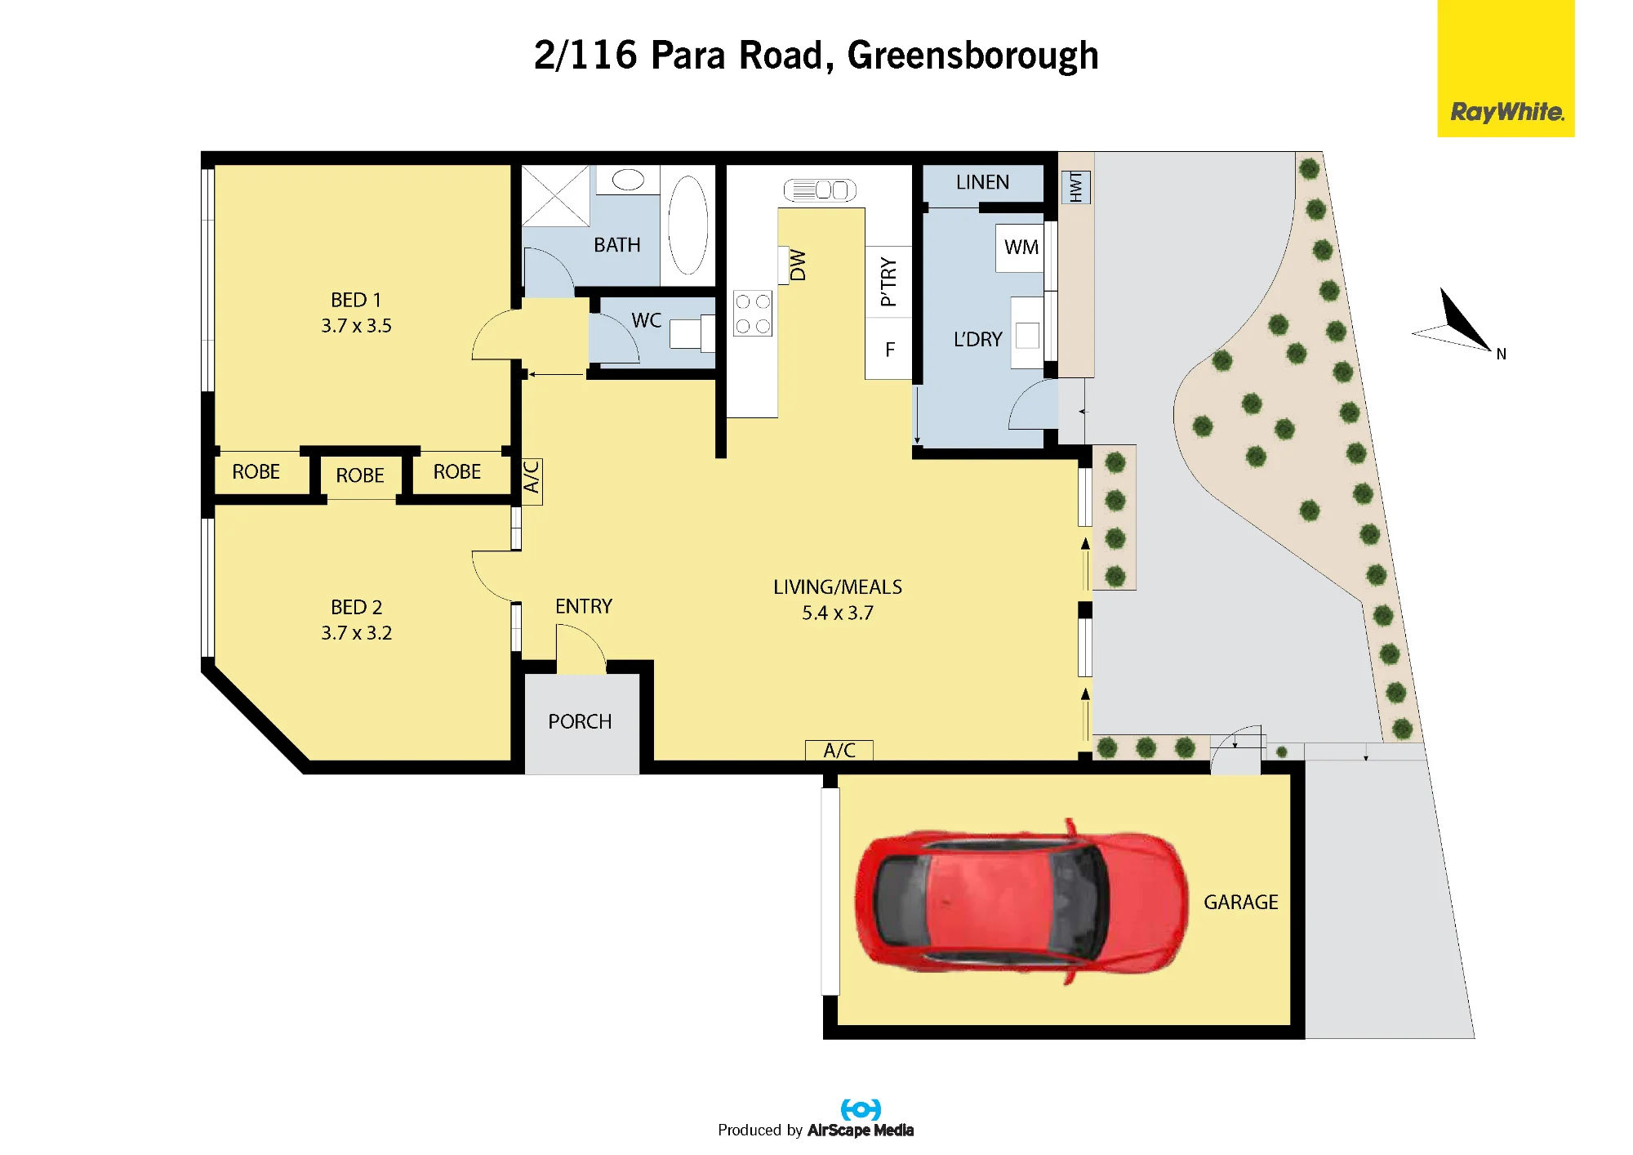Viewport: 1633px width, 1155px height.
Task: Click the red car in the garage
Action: point(1021,902)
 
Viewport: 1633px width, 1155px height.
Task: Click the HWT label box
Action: point(1075,187)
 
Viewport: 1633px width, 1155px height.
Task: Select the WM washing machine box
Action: point(1021,247)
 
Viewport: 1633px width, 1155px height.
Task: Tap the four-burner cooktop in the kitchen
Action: point(753,314)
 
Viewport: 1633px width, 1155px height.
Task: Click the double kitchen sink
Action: point(820,190)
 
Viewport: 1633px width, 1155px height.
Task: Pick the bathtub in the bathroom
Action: point(687,225)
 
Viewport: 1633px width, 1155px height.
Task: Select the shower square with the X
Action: point(556,196)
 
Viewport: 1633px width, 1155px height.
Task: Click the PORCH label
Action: point(580,722)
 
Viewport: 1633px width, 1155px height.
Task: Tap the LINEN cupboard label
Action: point(982,182)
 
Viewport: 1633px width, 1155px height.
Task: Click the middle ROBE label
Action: point(360,475)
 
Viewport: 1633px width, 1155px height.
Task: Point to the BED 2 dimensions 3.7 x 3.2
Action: point(357,633)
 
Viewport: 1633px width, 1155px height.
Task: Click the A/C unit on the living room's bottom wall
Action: point(839,750)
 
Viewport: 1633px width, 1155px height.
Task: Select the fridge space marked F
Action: point(889,349)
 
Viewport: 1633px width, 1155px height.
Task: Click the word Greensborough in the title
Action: point(972,56)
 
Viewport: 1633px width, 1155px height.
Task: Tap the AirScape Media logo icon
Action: point(861,1109)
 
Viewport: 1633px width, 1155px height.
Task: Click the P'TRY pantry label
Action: point(888,282)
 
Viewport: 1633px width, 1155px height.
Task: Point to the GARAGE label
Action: point(1241,902)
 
